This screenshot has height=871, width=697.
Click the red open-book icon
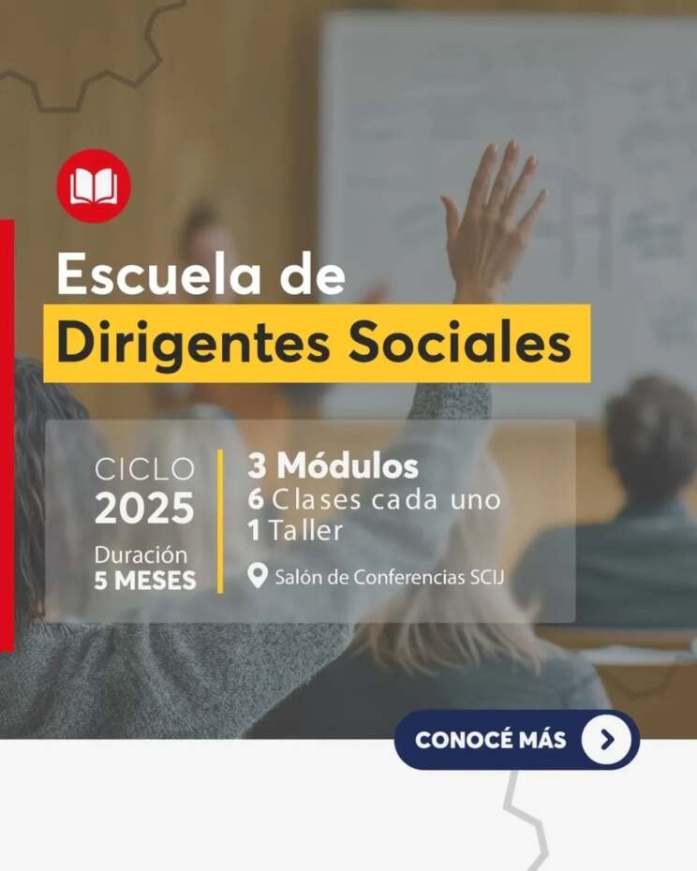coord(94,185)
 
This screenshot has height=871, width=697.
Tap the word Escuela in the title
coord(159,274)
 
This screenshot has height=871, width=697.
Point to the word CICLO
coord(144,469)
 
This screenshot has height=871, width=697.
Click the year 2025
coord(144,508)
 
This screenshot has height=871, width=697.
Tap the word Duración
coord(141,555)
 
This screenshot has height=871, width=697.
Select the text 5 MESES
coord(145,581)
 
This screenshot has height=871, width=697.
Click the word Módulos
coord(348,465)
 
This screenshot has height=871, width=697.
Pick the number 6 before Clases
coord(256,499)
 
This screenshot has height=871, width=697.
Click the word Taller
coord(305,530)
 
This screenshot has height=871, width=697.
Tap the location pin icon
coord(258,575)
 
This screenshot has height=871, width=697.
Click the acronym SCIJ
coord(487,577)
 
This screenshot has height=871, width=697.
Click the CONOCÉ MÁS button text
coord(490,740)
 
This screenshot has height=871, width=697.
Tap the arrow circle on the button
coord(606,739)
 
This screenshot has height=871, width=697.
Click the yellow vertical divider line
coord(221,521)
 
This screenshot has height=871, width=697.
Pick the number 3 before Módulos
coord(257,465)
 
